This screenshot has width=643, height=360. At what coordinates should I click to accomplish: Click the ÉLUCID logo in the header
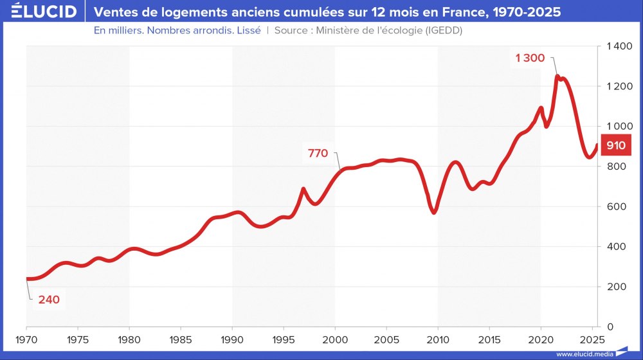pos(39,12)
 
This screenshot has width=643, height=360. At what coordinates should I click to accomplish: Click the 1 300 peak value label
pos(530,58)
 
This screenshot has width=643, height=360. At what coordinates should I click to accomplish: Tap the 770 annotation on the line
pos(318,153)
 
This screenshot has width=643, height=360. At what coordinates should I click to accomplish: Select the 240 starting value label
pos(49,299)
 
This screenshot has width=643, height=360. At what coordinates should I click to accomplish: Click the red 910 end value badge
pos(615,145)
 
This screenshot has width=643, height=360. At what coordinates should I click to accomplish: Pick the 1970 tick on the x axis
pos(26,339)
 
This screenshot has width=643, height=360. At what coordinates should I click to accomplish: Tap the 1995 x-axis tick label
pos(284,339)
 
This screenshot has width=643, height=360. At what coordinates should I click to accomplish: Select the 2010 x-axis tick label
pos(438,339)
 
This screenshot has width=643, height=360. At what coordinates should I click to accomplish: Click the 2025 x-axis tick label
pos(592,339)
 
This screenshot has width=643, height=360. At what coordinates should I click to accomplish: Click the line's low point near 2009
pos(435,212)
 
